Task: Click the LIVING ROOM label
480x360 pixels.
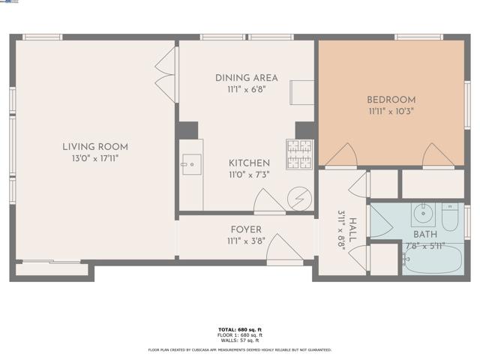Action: [95, 146]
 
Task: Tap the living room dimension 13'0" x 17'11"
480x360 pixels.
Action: [95, 158]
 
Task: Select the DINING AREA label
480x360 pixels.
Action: [246, 78]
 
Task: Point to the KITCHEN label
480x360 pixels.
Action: [249, 163]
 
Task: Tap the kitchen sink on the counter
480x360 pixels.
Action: [190, 163]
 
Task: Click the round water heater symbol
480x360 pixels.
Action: [299, 198]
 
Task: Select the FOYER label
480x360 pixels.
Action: [246, 229]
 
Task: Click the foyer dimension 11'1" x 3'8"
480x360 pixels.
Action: [246, 241]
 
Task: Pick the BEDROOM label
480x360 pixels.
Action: [391, 99]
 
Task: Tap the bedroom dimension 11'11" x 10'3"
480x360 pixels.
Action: [391, 111]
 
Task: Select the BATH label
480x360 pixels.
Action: [424, 235]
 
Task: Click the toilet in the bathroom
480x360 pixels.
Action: [451, 217]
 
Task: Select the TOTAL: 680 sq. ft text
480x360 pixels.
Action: [240, 329]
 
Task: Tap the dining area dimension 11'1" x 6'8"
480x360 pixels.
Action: [246, 89]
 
